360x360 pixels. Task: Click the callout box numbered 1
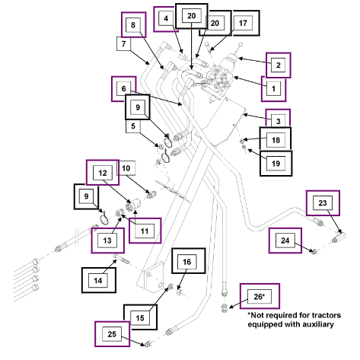(x=274, y=89)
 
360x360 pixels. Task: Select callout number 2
(x=279, y=65)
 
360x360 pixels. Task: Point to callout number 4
(x=166, y=19)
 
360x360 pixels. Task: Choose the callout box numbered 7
(x=123, y=44)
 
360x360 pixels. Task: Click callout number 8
(x=133, y=25)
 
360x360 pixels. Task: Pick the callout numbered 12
(x=103, y=173)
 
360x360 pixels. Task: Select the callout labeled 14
(x=98, y=280)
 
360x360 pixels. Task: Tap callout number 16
(x=188, y=261)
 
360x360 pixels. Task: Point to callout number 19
(x=276, y=164)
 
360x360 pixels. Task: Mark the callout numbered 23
(x=323, y=203)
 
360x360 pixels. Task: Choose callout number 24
(x=285, y=241)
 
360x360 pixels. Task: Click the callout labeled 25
(x=112, y=334)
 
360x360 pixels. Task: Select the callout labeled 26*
(x=260, y=296)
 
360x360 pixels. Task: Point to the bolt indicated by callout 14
(x=122, y=259)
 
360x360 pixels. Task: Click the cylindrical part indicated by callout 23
(x=339, y=237)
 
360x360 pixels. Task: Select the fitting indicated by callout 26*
(x=224, y=307)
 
